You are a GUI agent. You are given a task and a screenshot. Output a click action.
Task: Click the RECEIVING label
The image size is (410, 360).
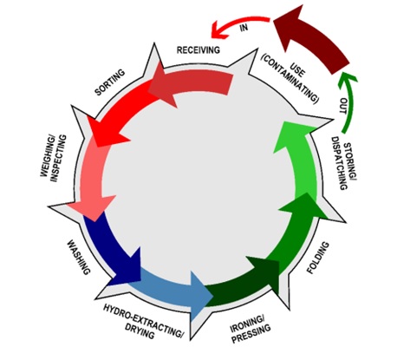(x=198, y=49)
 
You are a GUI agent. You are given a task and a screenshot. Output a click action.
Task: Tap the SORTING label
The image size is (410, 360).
(x=110, y=82)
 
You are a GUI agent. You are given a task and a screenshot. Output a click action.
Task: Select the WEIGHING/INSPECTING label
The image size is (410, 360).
(x=54, y=159)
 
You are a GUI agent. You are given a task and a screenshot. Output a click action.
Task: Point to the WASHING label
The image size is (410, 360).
(x=79, y=258)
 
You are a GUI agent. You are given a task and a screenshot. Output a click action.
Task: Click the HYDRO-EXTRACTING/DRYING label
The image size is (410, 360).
(x=143, y=321)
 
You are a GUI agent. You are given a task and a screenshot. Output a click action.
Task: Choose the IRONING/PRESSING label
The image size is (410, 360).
(x=251, y=329)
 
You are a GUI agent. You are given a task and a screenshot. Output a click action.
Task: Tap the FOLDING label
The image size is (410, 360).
(x=318, y=258)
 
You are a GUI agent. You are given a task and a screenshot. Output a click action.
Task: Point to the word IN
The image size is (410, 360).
(x=244, y=28)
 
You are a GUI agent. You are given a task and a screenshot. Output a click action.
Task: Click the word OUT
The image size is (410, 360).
(x=343, y=106)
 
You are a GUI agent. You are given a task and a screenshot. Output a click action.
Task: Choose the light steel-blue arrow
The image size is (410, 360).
(x=171, y=292)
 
